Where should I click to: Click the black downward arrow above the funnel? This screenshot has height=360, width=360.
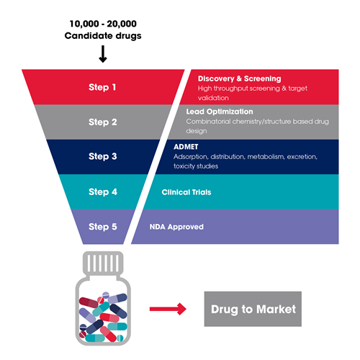(103, 54)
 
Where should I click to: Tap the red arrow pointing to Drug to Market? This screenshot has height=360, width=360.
(168, 309)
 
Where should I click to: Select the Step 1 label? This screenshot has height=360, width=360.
(102, 87)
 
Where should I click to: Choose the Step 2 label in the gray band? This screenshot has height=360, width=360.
(103, 122)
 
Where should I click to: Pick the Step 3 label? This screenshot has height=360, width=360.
(103, 156)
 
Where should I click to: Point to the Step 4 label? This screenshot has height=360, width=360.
(103, 192)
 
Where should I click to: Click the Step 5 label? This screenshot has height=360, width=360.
(103, 227)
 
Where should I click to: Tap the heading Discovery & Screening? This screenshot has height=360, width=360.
(239, 78)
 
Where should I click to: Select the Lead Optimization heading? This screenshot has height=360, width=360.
(220, 112)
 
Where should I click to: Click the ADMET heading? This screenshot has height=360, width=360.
(186, 147)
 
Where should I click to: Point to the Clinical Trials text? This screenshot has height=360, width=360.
(186, 192)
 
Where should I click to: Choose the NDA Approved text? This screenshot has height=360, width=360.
(176, 227)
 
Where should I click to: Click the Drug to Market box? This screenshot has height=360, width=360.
(253, 309)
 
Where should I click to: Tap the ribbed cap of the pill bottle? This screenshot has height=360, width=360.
(103, 263)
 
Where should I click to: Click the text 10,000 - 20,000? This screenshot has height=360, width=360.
(103, 24)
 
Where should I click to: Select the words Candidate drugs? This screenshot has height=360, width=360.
(103, 36)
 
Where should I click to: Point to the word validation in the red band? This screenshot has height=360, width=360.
(213, 98)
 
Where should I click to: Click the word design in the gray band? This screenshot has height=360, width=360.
(197, 131)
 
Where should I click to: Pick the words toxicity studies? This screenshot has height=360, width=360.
(196, 166)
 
